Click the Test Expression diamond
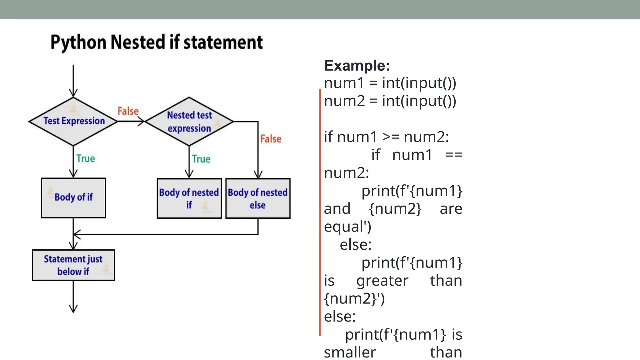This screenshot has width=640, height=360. [73, 121]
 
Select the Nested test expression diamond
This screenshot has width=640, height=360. [189, 122]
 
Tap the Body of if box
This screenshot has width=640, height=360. [73, 197]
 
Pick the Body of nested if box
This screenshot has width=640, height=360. [189, 198]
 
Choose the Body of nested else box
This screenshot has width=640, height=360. [258, 198]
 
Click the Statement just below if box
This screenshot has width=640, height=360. [73, 265]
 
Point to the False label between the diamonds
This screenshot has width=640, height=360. [128, 111]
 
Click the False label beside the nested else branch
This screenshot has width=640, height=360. [271, 139]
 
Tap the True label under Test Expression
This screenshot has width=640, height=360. [86, 159]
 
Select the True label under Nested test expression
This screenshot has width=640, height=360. [201, 159]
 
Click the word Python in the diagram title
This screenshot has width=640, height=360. [78, 42]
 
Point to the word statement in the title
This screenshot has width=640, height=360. [223, 42]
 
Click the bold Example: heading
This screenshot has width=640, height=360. [357, 66]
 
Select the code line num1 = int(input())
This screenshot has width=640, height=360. [390, 83]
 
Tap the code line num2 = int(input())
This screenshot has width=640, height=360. [390, 101]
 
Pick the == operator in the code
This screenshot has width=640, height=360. [454, 155]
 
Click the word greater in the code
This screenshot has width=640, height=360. [382, 281]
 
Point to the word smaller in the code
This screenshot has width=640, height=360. [350, 352]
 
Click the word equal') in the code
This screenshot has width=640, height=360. [347, 227]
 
